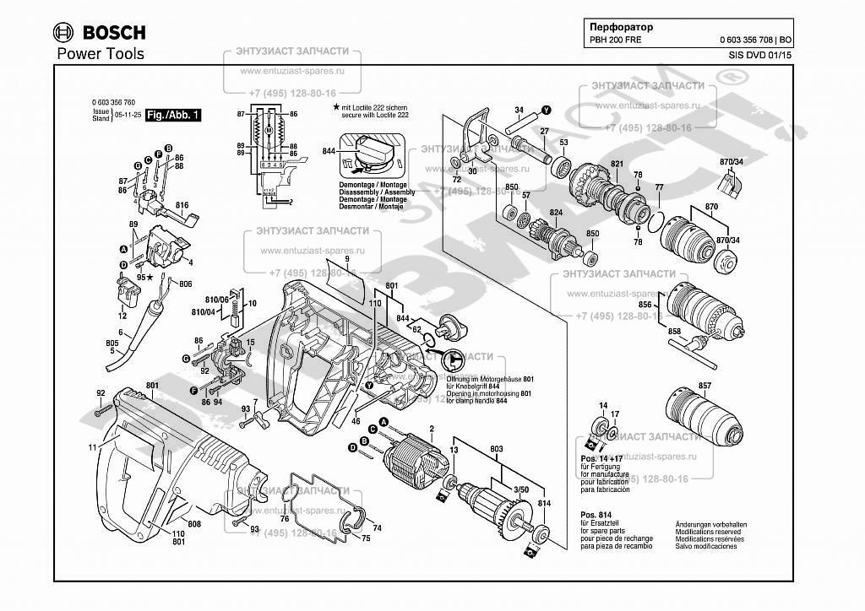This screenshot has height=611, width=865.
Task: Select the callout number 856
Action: [x=646, y=304]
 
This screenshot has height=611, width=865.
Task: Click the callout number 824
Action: [x=556, y=213]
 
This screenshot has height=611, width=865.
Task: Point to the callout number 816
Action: [x=182, y=205]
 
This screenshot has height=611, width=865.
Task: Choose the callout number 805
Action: [x=112, y=343]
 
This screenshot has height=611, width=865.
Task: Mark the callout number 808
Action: [x=194, y=524]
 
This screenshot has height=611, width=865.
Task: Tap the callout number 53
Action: [x=563, y=142]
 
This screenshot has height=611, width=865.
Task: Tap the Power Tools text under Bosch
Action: [x=101, y=54]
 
